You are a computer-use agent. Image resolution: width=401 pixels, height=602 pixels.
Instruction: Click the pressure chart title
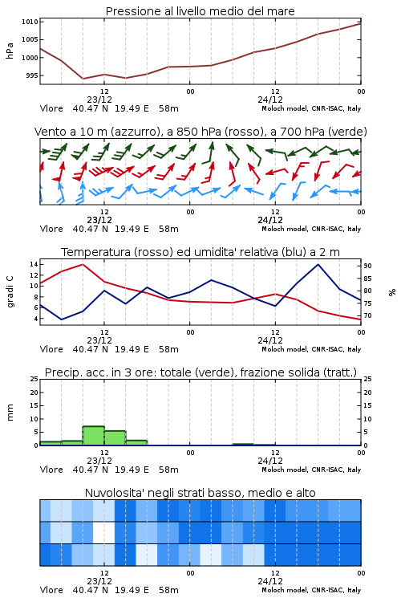(x=200, y=11)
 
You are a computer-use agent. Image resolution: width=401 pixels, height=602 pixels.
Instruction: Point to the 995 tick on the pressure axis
(x=32, y=75)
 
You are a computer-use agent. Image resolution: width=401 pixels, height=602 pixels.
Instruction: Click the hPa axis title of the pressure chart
(x=10, y=51)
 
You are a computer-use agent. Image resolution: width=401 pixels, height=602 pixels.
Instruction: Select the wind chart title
(x=200, y=132)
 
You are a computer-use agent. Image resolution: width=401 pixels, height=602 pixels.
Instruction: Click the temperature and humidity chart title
(x=200, y=252)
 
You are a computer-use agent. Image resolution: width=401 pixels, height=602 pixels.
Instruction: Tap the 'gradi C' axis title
(x=10, y=291)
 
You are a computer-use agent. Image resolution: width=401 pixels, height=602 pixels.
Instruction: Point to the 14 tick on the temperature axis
(x=34, y=264)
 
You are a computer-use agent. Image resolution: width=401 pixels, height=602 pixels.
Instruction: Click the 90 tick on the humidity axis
(x=367, y=266)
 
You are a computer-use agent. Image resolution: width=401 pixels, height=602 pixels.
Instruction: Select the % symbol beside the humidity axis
(x=392, y=292)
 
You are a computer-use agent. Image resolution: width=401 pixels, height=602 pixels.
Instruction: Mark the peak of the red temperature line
(x=83, y=264)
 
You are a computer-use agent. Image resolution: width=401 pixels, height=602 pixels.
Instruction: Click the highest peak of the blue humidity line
(x=318, y=264)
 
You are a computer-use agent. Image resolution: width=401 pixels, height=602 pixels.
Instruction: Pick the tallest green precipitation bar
(x=94, y=436)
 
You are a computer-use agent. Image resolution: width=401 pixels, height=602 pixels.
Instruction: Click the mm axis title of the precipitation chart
(x=10, y=412)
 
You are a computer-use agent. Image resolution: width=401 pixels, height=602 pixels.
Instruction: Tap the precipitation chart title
(x=200, y=372)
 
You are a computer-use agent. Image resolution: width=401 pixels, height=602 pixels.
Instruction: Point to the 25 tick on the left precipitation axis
(x=34, y=380)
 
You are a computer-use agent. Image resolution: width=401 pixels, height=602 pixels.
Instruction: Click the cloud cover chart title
(x=200, y=493)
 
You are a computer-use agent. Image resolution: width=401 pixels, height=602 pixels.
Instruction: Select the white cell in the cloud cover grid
(x=103, y=532)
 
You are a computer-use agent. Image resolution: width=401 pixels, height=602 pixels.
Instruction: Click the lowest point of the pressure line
(x=83, y=79)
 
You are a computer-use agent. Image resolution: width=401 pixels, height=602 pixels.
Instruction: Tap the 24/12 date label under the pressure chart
(x=270, y=100)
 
